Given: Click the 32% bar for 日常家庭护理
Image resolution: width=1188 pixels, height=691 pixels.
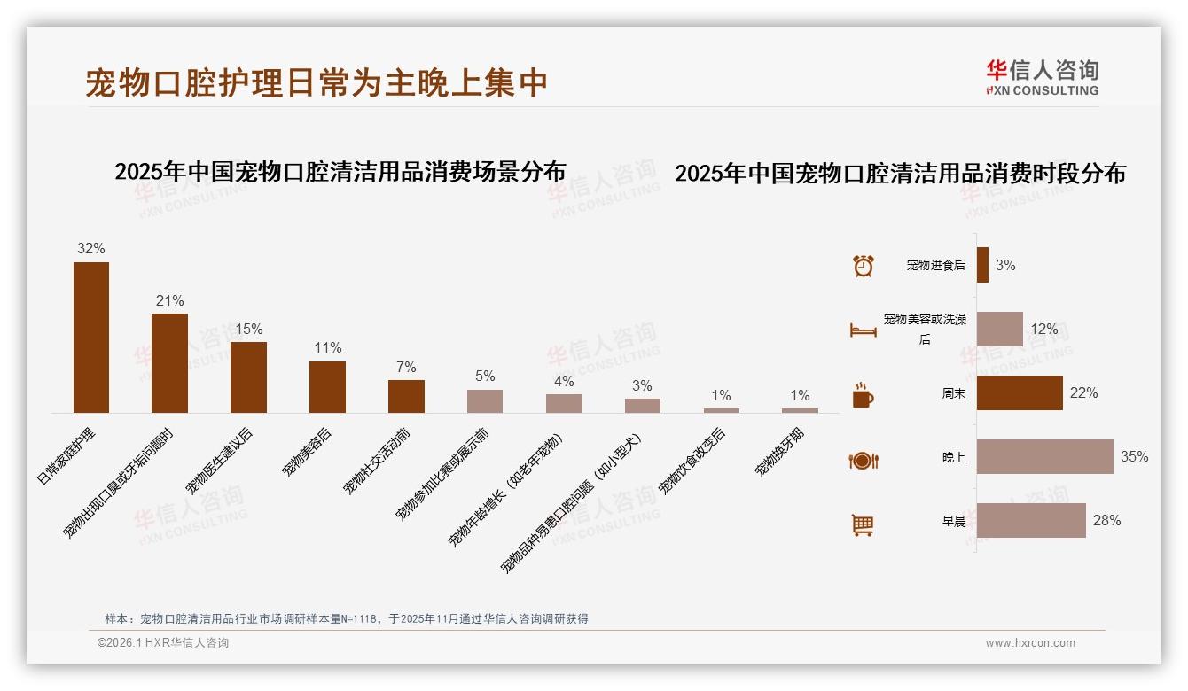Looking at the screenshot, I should pyautogui.click(x=91, y=338).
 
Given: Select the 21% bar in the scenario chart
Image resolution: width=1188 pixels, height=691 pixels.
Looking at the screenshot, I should pyautogui.click(x=169, y=363).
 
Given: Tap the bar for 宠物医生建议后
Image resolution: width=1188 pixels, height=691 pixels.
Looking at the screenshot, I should pyautogui.click(x=248, y=377).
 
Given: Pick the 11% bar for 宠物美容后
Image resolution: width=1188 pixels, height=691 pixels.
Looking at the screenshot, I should pyautogui.click(x=327, y=387).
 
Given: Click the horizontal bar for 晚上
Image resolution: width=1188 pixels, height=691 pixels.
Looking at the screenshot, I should pyautogui.click(x=1044, y=457).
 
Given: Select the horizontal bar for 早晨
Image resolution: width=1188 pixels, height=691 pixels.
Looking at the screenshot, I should pyautogui.click(x=1031, y=521).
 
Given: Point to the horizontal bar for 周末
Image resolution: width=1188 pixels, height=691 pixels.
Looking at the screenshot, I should pyautogui.click(x=1020, y=392).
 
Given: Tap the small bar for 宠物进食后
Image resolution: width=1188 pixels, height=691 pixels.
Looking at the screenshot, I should pyautogui.click(x=982, y=265).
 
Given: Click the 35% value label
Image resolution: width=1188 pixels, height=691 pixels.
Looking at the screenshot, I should pyautogui.click(x=1134, y=457).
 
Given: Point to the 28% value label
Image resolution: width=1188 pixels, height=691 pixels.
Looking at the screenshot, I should pyautogui.click(x=1106, y=521).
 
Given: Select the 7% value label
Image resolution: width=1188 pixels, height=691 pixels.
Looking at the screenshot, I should pyautogui.click(x=406, y=368).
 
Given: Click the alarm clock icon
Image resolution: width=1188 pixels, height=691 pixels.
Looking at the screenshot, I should pyautogui.click(x=863, y=266).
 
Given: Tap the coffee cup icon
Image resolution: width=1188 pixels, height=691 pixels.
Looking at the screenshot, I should pyautogui.click(x=863, y=394).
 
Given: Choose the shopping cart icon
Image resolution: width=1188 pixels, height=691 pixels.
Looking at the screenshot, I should pyautogui.click(x=863, y=524).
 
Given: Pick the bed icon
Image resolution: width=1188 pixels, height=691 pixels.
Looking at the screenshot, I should pyautogui.click(x=863, y=330).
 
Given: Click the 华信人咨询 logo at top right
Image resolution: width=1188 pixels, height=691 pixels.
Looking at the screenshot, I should pyautogui.click(x=1042, y=77).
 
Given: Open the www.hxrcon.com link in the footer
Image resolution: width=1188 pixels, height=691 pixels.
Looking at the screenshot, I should pyautogui.click(x=1030, y=643).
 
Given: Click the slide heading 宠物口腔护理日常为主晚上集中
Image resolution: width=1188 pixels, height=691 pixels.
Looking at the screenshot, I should pyautogui.click(x=317, y=82).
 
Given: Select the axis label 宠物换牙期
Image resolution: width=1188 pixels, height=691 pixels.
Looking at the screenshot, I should pyautogui.click(x=781, y=451).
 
